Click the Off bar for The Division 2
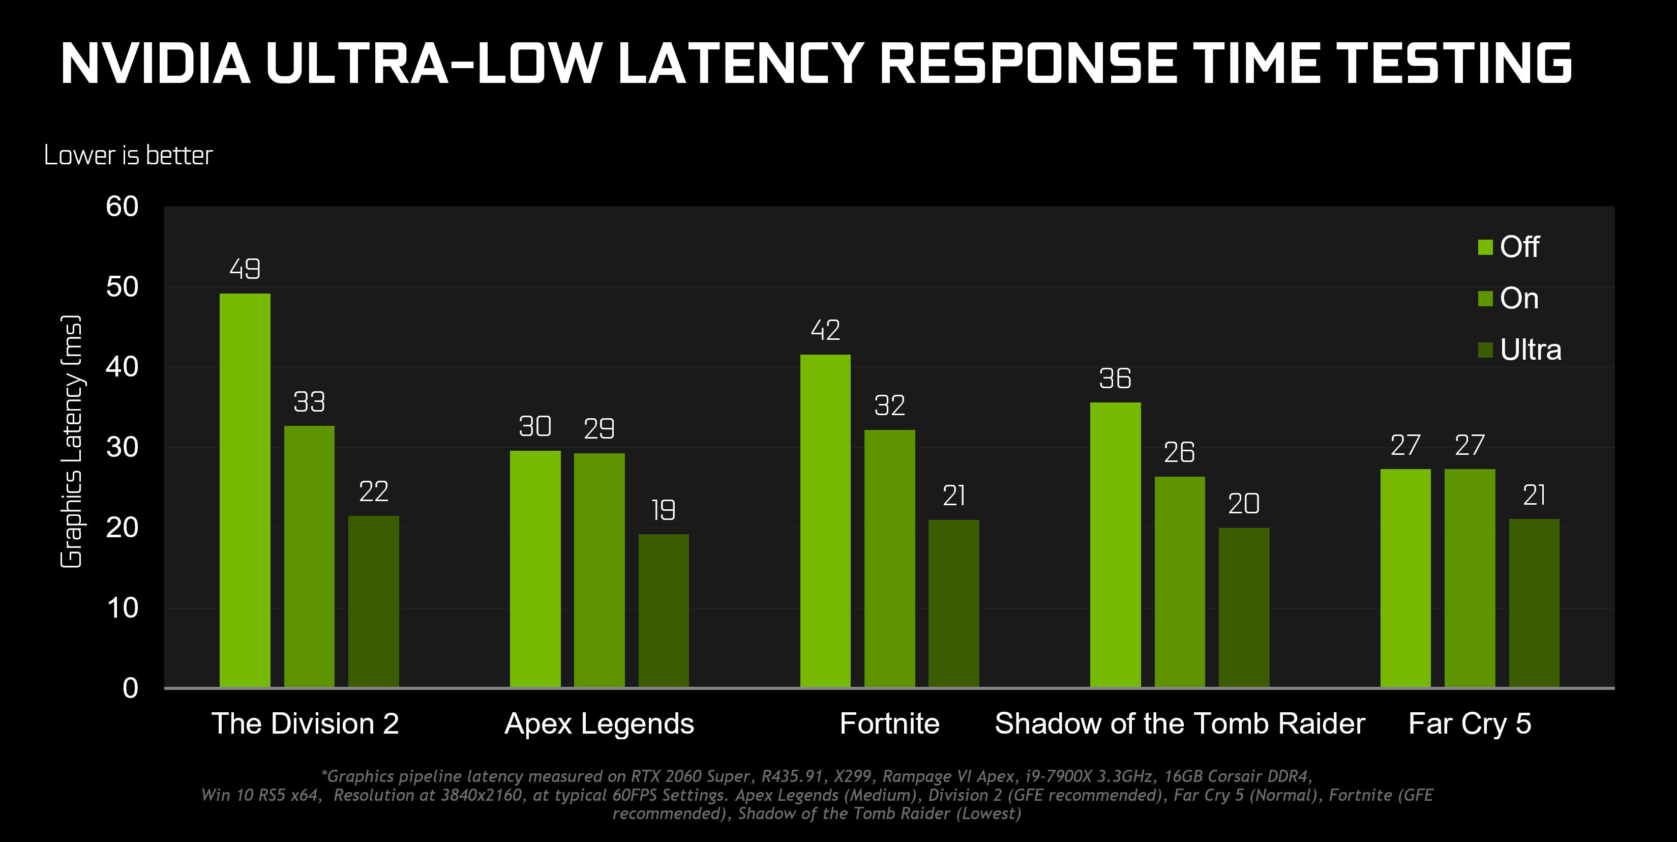point(245,490)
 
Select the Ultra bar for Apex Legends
point(664,610)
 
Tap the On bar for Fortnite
point(889,558)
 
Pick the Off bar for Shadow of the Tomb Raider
point(1115,544)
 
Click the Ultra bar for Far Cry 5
point(1534,602)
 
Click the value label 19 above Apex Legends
point(664,510)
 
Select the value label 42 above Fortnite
point(825,330)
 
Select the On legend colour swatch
point(1485,299)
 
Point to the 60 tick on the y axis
point(123,207)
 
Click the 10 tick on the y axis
point(123,608)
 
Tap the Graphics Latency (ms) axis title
point(72,442)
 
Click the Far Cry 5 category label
point(1470,723)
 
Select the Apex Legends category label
point(599,723)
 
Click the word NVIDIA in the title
point(155,64)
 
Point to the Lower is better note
point(128,155)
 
